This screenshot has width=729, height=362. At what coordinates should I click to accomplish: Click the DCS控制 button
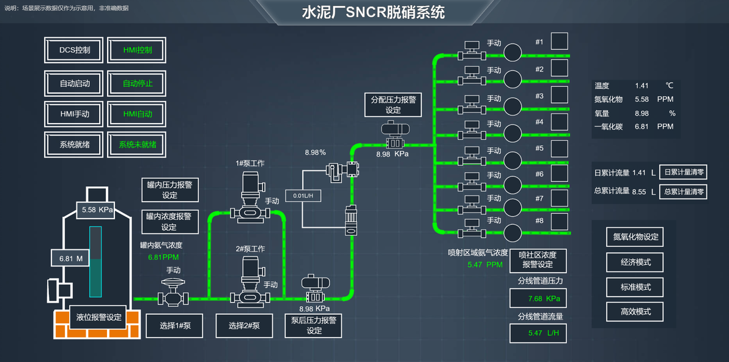(75, 50)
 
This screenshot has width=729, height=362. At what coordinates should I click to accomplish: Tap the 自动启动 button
(75, 83)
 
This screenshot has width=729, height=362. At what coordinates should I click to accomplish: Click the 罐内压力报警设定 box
(170, 190)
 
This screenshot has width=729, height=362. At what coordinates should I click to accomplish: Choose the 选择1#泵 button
(176, 325)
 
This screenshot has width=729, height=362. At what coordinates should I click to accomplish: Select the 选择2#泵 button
(245, 325)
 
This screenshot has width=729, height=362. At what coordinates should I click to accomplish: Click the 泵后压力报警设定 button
(314, 325)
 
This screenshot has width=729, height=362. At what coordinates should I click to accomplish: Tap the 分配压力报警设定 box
(393, 105)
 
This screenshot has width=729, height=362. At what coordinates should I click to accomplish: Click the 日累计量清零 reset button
(683, 173)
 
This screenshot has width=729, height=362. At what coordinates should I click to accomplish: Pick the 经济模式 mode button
(635, 262)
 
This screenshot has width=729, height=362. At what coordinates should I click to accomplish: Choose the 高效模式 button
(635, 311)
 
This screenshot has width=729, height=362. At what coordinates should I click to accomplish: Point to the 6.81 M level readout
(71, 258)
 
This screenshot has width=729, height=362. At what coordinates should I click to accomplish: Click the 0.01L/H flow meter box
(303, 195)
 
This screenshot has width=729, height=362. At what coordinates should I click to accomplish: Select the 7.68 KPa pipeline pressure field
(537, 299)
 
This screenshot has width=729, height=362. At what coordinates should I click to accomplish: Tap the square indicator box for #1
(559, 41)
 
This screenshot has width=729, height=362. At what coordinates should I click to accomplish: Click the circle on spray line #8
(513, 233)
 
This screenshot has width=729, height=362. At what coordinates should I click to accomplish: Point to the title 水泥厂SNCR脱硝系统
(373, 12)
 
